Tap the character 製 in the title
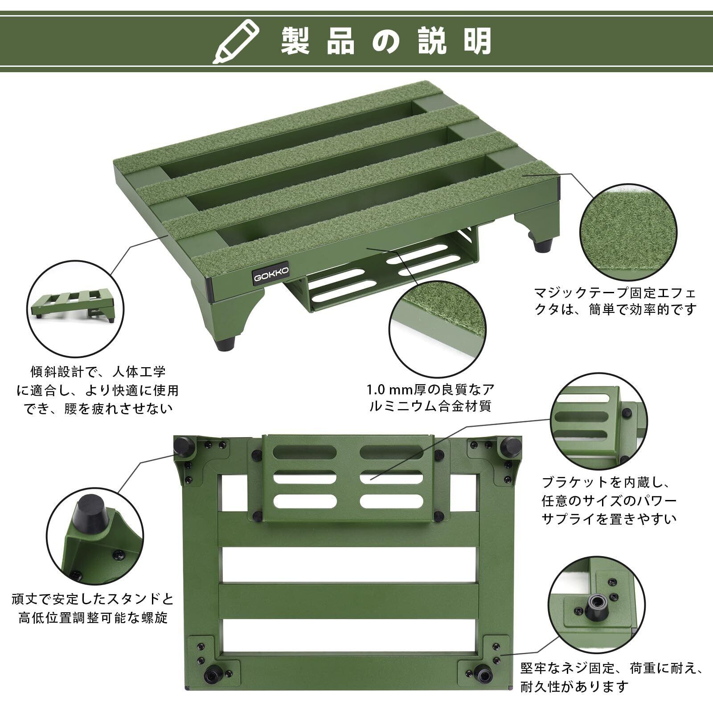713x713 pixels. (x=295, y=41)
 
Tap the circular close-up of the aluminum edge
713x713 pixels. (x=438, y=328)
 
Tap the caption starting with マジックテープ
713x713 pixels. (x=615, y=302)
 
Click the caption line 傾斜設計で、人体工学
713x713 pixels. (x=98, y=371)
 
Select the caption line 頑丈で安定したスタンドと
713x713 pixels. (x=93, y=598)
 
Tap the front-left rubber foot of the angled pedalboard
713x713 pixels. (x=227, y=344)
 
